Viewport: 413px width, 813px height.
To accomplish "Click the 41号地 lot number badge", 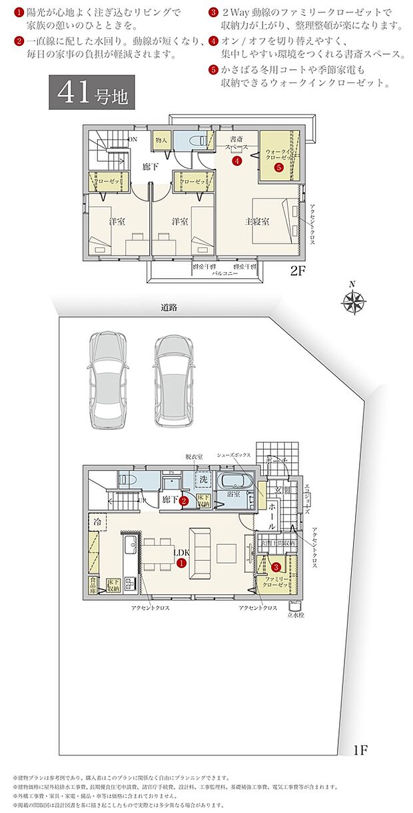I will (x=87, y=94).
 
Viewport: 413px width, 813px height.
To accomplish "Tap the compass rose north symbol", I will (x=352, y=303).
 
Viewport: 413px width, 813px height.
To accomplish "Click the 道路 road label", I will (x=169, y=308).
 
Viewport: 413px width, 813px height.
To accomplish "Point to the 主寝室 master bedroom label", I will (x=256, y=222).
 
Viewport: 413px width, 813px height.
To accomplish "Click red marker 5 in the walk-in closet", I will (x=278, y=168).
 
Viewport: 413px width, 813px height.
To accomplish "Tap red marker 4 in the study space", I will (x=236, y=160).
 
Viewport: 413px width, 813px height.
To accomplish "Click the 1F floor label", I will (x=361, y=750).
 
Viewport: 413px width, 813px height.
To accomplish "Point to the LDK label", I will (x=181, y=552).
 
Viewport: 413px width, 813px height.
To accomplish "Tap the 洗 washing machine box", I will (x=205, y=480).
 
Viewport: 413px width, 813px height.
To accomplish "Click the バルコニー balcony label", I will (x=226, y=273).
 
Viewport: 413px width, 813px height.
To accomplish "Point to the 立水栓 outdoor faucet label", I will (x=294, y=615).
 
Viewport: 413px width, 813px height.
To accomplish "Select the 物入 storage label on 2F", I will (x=161, y=140).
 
